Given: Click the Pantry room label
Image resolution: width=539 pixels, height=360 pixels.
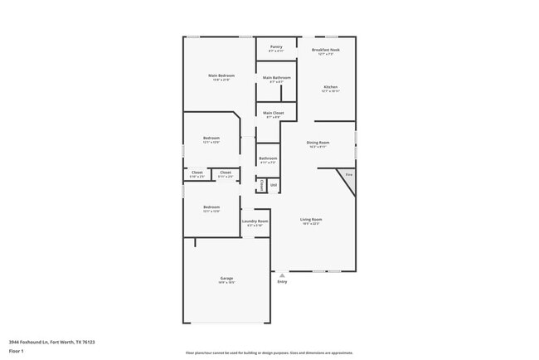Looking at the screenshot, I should click(x=276, y=47).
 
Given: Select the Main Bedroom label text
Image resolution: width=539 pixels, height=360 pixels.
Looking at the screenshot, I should click(x=220, y=75).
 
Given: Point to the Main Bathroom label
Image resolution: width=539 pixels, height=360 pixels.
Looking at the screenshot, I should click(x=276, y=78).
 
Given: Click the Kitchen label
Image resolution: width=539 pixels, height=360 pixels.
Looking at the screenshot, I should click(x=330, y=86).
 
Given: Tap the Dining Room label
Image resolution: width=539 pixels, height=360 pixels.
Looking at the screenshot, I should click(x=318, y=143).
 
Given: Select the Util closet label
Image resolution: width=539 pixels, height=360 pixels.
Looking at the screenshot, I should click(x=273, y=185).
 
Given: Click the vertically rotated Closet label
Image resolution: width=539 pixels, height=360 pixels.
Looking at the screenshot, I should click(x=262, y=185).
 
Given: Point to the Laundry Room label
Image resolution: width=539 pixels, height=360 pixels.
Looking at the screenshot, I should click(x=255, y=221).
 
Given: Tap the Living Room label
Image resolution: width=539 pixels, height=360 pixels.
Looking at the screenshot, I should click(x=311, y=220).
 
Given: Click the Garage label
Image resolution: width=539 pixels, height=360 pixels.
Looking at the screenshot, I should click(x=226, y=278).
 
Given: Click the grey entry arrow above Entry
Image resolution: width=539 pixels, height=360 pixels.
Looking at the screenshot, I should click(x=282, y=275).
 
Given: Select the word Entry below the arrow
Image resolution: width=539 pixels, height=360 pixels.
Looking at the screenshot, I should click(x=282, y=282).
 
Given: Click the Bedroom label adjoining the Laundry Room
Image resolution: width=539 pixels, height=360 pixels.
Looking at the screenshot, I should click(x=211, y=207).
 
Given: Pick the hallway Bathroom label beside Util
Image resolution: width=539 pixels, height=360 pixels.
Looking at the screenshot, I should click(x=268, y=158).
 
